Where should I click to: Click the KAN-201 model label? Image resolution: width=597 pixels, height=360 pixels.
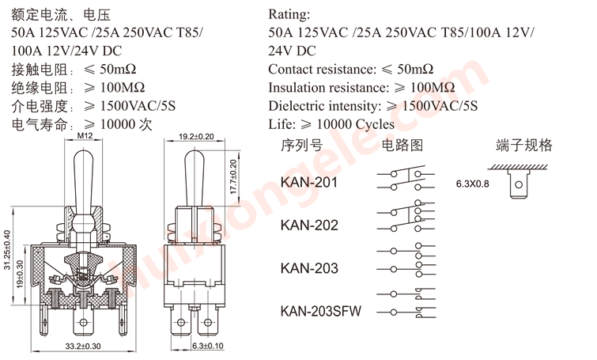click(309, 184)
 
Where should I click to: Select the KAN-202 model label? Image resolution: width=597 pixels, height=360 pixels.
click(309, 225)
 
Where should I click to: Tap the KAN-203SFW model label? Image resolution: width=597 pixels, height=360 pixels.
click(320, 311)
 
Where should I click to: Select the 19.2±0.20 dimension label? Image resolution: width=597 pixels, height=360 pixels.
click(195, 137)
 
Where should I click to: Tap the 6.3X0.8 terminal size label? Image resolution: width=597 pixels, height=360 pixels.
click(473, 184)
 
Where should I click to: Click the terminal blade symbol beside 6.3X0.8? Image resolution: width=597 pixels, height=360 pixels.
click(518, 186)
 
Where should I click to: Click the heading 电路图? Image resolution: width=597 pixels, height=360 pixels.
click(402, 145)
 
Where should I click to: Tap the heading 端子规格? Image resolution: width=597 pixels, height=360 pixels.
click(524, 145)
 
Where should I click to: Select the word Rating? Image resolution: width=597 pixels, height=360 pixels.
click(289, 14)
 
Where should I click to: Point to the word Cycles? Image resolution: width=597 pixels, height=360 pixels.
click(374, 124)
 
